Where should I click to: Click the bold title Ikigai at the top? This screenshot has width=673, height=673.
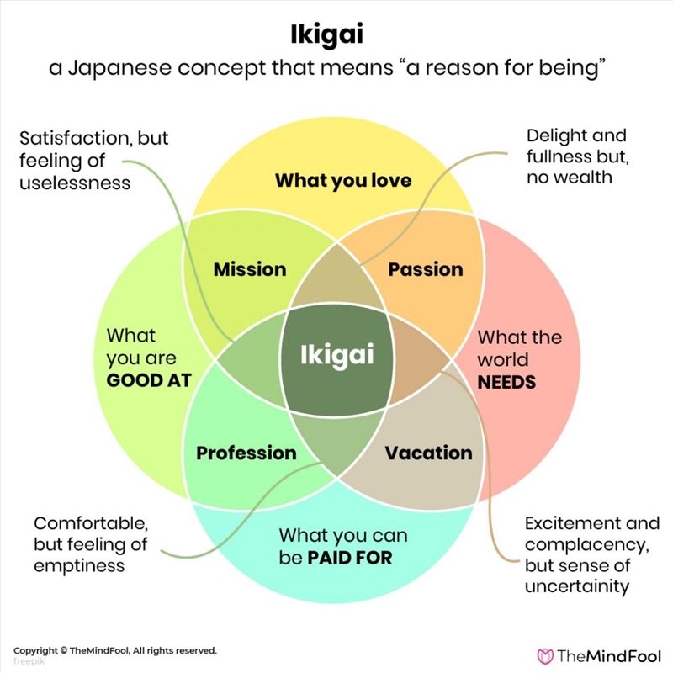(x=336, y=36)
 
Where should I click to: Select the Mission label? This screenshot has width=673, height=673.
(x=250, y=269)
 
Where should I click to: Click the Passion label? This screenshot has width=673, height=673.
(x=426, y=269)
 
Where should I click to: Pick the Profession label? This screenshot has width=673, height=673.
(x=246, y=453)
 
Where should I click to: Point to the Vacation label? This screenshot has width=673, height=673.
(x=428, y=453)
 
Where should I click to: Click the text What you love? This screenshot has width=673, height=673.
(x=343, y=180)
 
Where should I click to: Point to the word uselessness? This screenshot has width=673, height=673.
(x=75, y=181)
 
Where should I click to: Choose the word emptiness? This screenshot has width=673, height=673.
(x=79, y=565)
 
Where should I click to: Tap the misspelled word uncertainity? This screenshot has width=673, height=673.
(x=577, y=586)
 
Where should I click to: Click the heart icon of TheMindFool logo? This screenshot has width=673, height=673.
(x=547, y=654)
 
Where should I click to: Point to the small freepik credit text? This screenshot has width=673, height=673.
(x=29, y=660)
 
